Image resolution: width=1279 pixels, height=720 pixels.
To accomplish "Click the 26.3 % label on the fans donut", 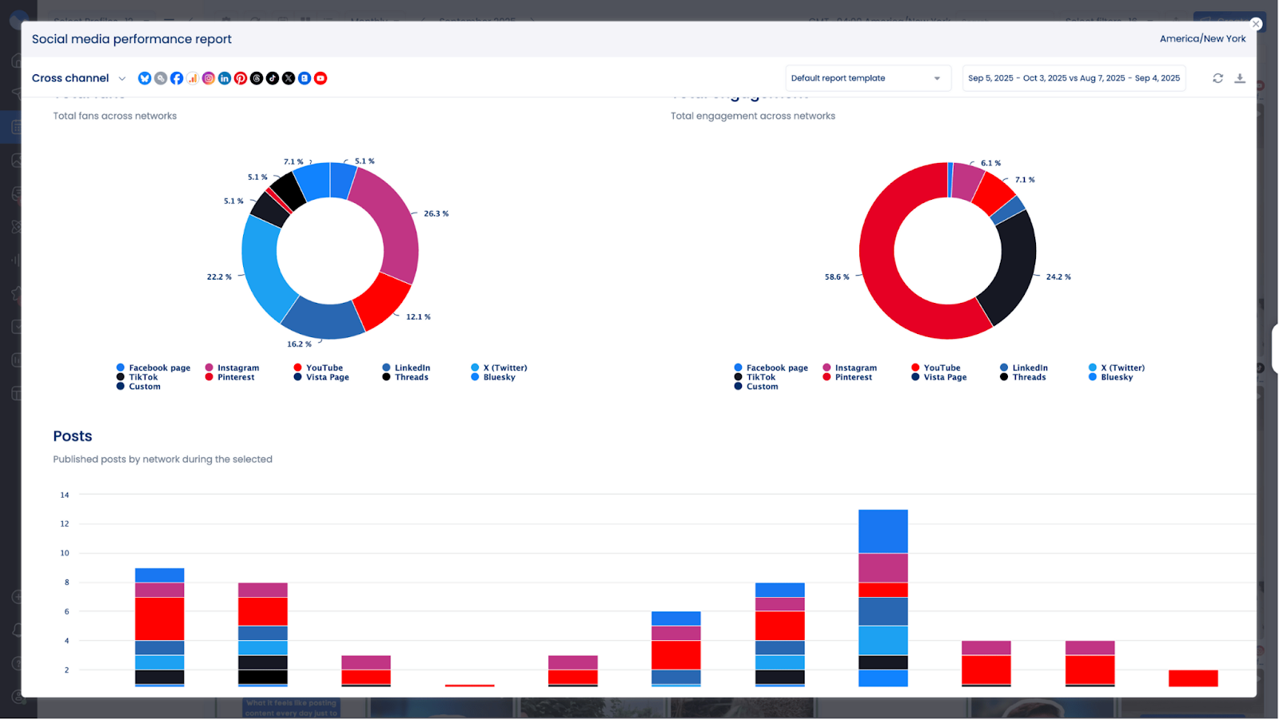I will (x=436, y=213).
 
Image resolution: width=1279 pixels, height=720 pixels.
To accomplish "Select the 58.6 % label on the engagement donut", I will (x=837, y=276).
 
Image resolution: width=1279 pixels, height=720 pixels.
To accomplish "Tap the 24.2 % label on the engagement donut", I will (x=1058, y=276).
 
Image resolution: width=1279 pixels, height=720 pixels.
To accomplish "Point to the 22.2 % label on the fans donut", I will (x=219, y=276).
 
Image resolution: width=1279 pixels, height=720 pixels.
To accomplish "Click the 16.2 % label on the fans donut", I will (x=299, y=344).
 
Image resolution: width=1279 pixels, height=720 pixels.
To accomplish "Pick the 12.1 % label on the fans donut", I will (x=418, y=316).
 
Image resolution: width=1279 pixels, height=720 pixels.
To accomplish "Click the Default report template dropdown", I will (x=867, y=78).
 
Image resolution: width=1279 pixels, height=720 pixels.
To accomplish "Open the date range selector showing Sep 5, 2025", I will (x=1073, y=78).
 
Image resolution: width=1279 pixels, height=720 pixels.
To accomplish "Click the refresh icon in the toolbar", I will (x=1217, y=78).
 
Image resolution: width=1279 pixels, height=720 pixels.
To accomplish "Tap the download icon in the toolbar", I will (x=1240, y=78).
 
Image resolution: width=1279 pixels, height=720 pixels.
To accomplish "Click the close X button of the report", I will (x=1256, y=24).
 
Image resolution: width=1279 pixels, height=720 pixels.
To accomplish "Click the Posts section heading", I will (x=73, y=436).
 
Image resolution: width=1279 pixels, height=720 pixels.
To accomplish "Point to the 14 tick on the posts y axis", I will (x=65, y=495).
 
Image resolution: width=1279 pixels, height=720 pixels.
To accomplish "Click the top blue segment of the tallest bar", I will (x=883, y=531).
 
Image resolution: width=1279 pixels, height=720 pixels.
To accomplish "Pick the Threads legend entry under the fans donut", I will (x=411, y=377).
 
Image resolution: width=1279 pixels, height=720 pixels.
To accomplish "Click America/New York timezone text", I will (x=1202, y=38).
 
